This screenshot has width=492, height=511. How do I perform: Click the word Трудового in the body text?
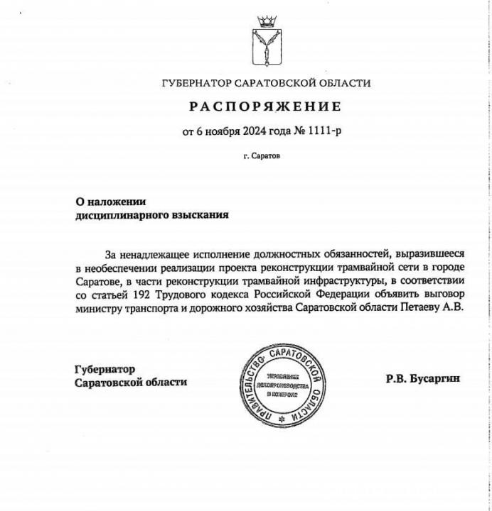click(x=200, y=296)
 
